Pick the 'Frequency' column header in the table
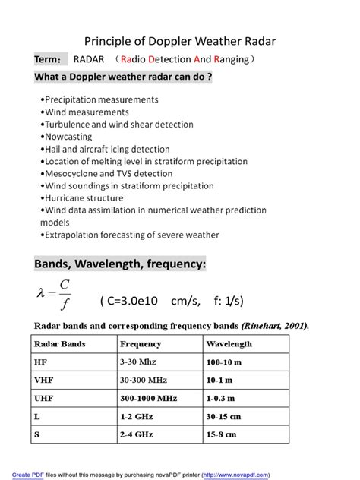tap(141, 344)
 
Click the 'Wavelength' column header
tap(229, 344)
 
